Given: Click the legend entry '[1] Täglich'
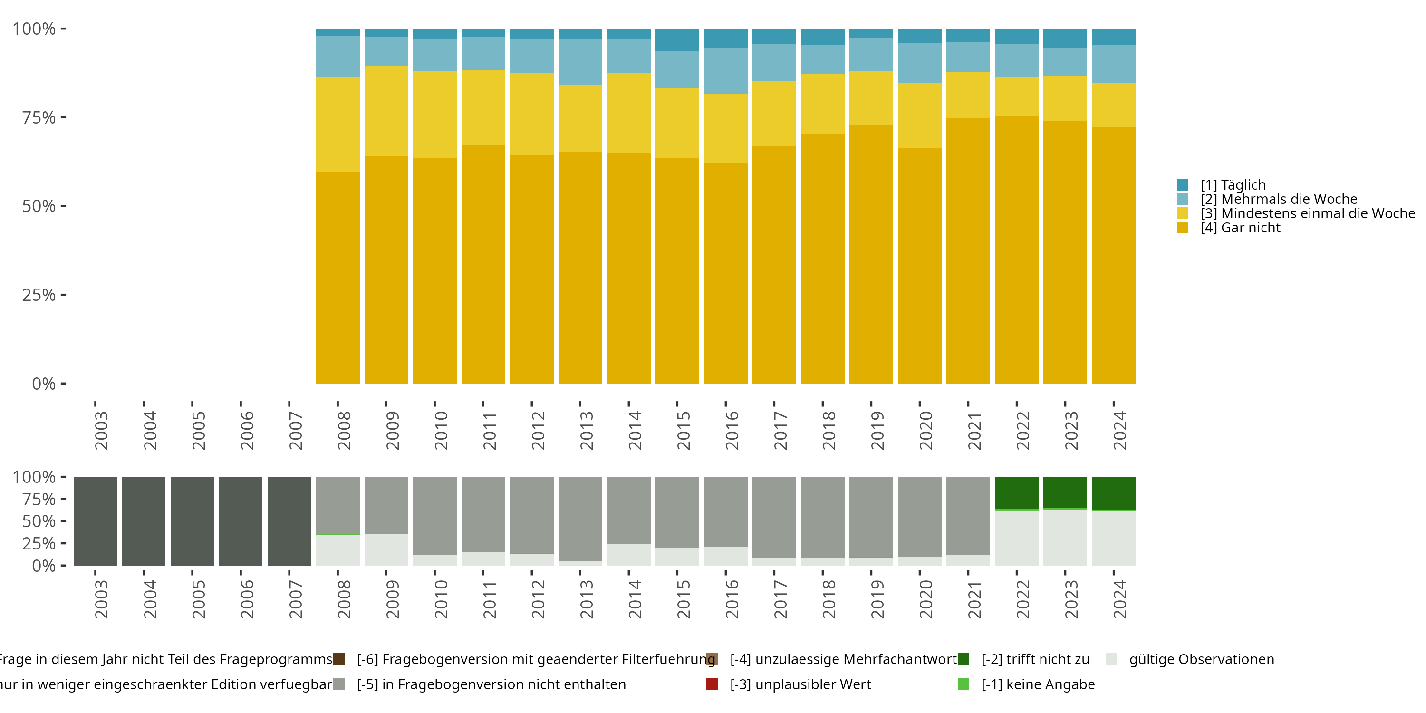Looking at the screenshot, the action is coord(1233,185).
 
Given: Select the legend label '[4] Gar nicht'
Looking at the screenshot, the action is coord(1240,228).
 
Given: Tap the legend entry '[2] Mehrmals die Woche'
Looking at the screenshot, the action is coord(1279,199).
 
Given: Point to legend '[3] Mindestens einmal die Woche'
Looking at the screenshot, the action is coord(1308,214).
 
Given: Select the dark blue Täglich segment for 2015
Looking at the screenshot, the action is coord(677,40).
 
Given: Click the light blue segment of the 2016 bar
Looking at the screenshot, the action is coord(726,71).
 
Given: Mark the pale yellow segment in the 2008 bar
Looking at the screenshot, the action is coord(337,125).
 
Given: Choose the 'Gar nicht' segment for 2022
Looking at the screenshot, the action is coord(1016,250).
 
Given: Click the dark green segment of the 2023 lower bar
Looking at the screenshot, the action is coord(1065,492).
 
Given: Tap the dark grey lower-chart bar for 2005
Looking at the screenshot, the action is coord(192,521).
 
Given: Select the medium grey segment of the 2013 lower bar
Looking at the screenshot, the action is coord(580,519).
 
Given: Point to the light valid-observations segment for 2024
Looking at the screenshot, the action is coord(1114,539).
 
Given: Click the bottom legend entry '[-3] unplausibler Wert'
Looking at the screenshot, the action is coord(800,685).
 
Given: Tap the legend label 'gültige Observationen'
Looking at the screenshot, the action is coord(1202,659).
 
